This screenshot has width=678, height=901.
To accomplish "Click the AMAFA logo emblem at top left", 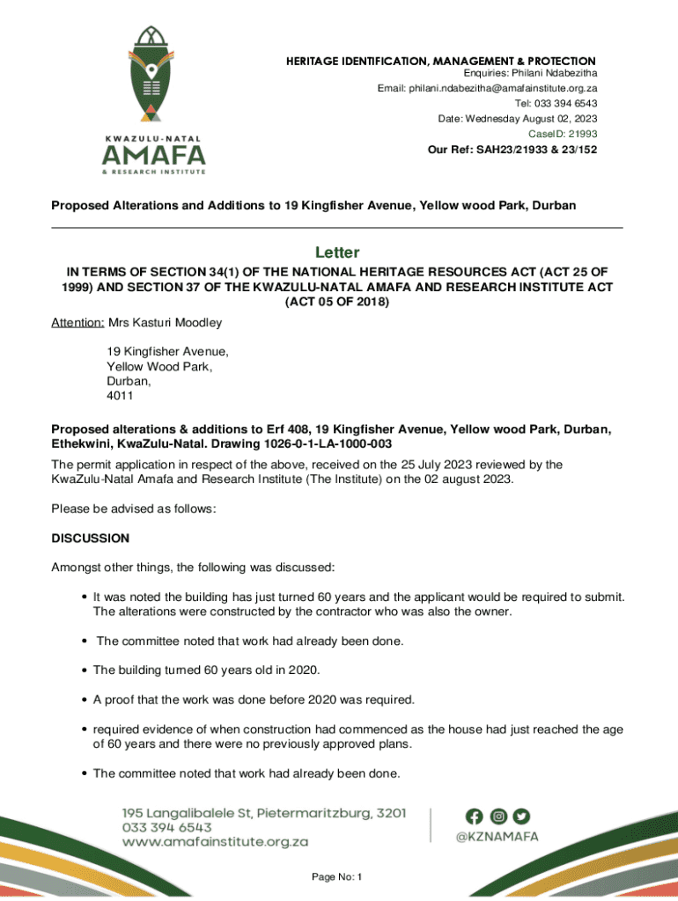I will pos(154,75).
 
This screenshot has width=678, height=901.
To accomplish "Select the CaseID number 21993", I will pos(582,134).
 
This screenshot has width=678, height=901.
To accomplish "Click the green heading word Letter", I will pos(338,253).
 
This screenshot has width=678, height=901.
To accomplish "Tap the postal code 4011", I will pos(120,396).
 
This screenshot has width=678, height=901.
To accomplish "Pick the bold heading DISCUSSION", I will pos(91,538).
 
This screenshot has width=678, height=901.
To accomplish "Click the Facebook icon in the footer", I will pos(475,816).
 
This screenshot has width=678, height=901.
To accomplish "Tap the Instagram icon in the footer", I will pos(498,816).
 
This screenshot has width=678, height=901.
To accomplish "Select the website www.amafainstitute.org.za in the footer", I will pos(215,842).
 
